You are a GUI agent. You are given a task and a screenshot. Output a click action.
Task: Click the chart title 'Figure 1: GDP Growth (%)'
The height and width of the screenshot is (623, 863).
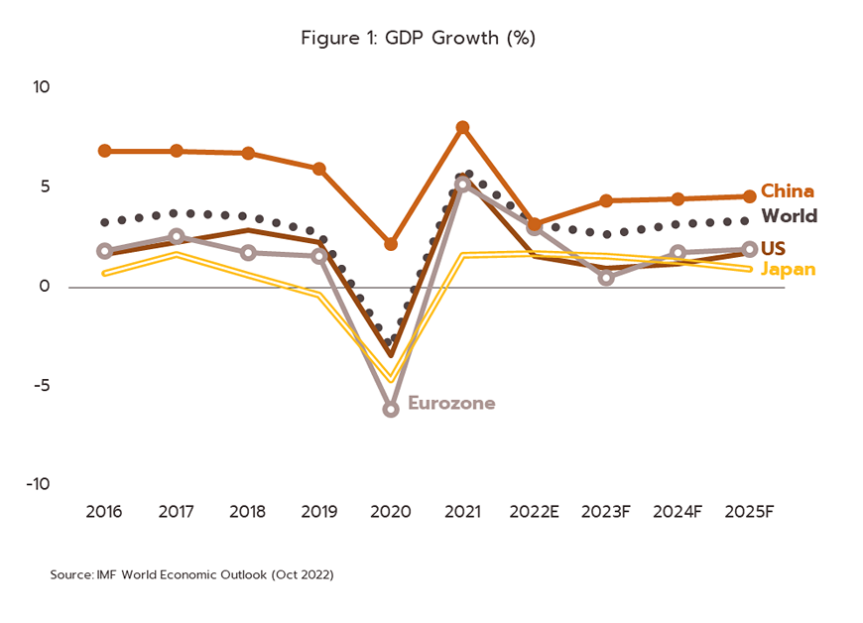pos(419,39)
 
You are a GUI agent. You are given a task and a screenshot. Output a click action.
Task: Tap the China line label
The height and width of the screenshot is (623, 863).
pos(788,191)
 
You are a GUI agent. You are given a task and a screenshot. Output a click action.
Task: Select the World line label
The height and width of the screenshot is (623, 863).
pos(789,215)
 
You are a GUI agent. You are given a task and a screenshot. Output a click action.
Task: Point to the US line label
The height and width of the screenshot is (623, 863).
pos(773,248)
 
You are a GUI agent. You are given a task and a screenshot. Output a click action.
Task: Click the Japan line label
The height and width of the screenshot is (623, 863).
pos(788,269)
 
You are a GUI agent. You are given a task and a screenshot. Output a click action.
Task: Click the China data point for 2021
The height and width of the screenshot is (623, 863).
pos(462,128)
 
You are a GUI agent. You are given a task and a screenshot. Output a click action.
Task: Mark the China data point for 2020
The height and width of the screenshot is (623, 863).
pos(391,243)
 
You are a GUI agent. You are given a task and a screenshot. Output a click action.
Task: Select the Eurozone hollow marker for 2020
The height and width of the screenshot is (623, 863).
pos(391,409)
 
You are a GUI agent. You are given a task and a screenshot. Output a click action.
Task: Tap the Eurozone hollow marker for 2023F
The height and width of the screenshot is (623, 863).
pos(606,278)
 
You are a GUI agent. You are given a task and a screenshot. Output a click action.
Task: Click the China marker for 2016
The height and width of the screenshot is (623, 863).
pos(104,151)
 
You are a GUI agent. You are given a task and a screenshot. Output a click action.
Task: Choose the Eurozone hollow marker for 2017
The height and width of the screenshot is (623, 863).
pos(177,236)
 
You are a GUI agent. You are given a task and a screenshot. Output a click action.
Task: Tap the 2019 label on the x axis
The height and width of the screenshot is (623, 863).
pos(318,512)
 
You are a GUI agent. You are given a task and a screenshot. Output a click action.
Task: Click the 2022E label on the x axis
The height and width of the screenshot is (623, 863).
pos(535,512)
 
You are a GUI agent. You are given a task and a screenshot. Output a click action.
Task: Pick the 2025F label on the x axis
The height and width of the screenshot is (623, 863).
pos(749,512)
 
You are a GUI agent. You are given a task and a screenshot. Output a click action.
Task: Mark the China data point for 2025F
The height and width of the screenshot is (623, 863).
pos(750,196)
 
